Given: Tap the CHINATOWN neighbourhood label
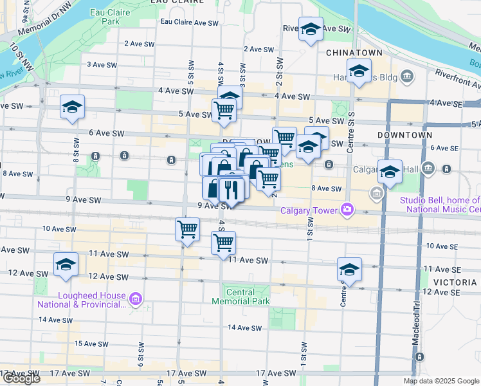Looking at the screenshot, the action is [354, 52].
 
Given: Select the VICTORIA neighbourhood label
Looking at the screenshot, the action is [455, 282].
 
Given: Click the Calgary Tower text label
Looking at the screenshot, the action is [308, 210].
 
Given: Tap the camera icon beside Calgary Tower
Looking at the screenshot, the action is [348, 209].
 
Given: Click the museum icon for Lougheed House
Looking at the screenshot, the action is [135, 299].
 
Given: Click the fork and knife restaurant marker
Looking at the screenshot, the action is [231, 189].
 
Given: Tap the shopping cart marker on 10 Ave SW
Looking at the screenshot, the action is [187, 228].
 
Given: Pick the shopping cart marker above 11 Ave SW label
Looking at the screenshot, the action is [224, 243].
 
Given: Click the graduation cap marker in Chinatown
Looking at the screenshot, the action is [359, 69].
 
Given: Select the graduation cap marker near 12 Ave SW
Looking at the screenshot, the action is [66, 265].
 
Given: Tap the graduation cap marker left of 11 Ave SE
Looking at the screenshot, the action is [349, 269].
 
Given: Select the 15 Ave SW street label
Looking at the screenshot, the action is [89, 344].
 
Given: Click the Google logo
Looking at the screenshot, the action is [21, 378].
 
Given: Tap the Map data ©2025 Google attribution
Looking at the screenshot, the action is [441, 381].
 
